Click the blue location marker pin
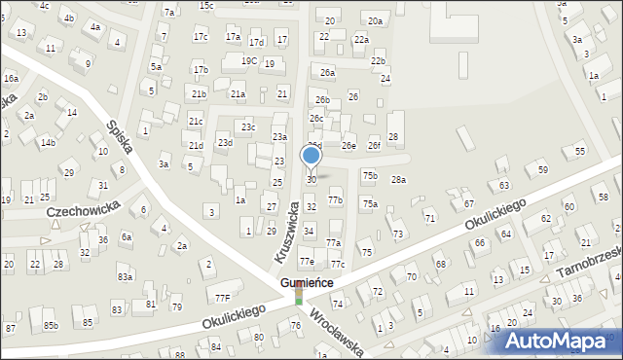pyautogui.click(x=311, y=156)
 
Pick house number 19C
pyautogui.click(x=249, y=60)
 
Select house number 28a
pyautogui.click(x=398, y=180)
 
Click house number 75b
pyautogui.click(x=370, y=175)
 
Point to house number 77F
pyautogui.click(x=222, y=298)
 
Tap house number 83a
pyautogui.click(x=125, y=277)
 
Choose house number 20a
pyautogui.click(x=375, y=20)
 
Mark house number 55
pyautogui.click(x=580, y=151)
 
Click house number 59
pyautogui.click(x=542, y=170)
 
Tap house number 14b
pyautogui.click(x=47, y=143)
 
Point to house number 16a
pyautogui.click(x=11, y=78)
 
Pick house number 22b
pyautogui.click(x=378, y=60)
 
